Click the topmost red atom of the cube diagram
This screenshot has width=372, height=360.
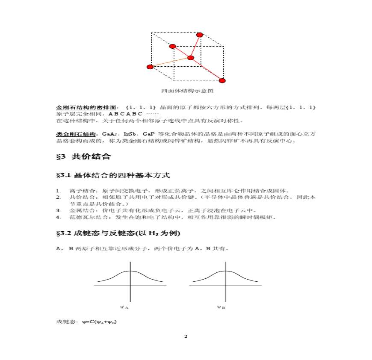pos(199,35)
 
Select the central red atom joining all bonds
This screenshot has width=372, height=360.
pos(191,58)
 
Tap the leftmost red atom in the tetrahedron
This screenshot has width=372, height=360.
pos(150,67)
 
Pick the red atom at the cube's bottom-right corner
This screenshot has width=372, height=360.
pos(222,80)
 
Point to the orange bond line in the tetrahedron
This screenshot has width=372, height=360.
pos(170,62)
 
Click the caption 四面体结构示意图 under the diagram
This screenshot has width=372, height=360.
pos(187,91)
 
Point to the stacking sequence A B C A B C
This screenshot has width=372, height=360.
pos(125,114)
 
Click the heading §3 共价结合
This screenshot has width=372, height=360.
pos(83,156)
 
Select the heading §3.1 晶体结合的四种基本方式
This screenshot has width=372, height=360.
pos(113,175)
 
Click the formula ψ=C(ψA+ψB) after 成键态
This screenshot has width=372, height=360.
pos(100,322)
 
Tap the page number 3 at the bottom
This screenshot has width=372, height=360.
pos(186,336)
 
